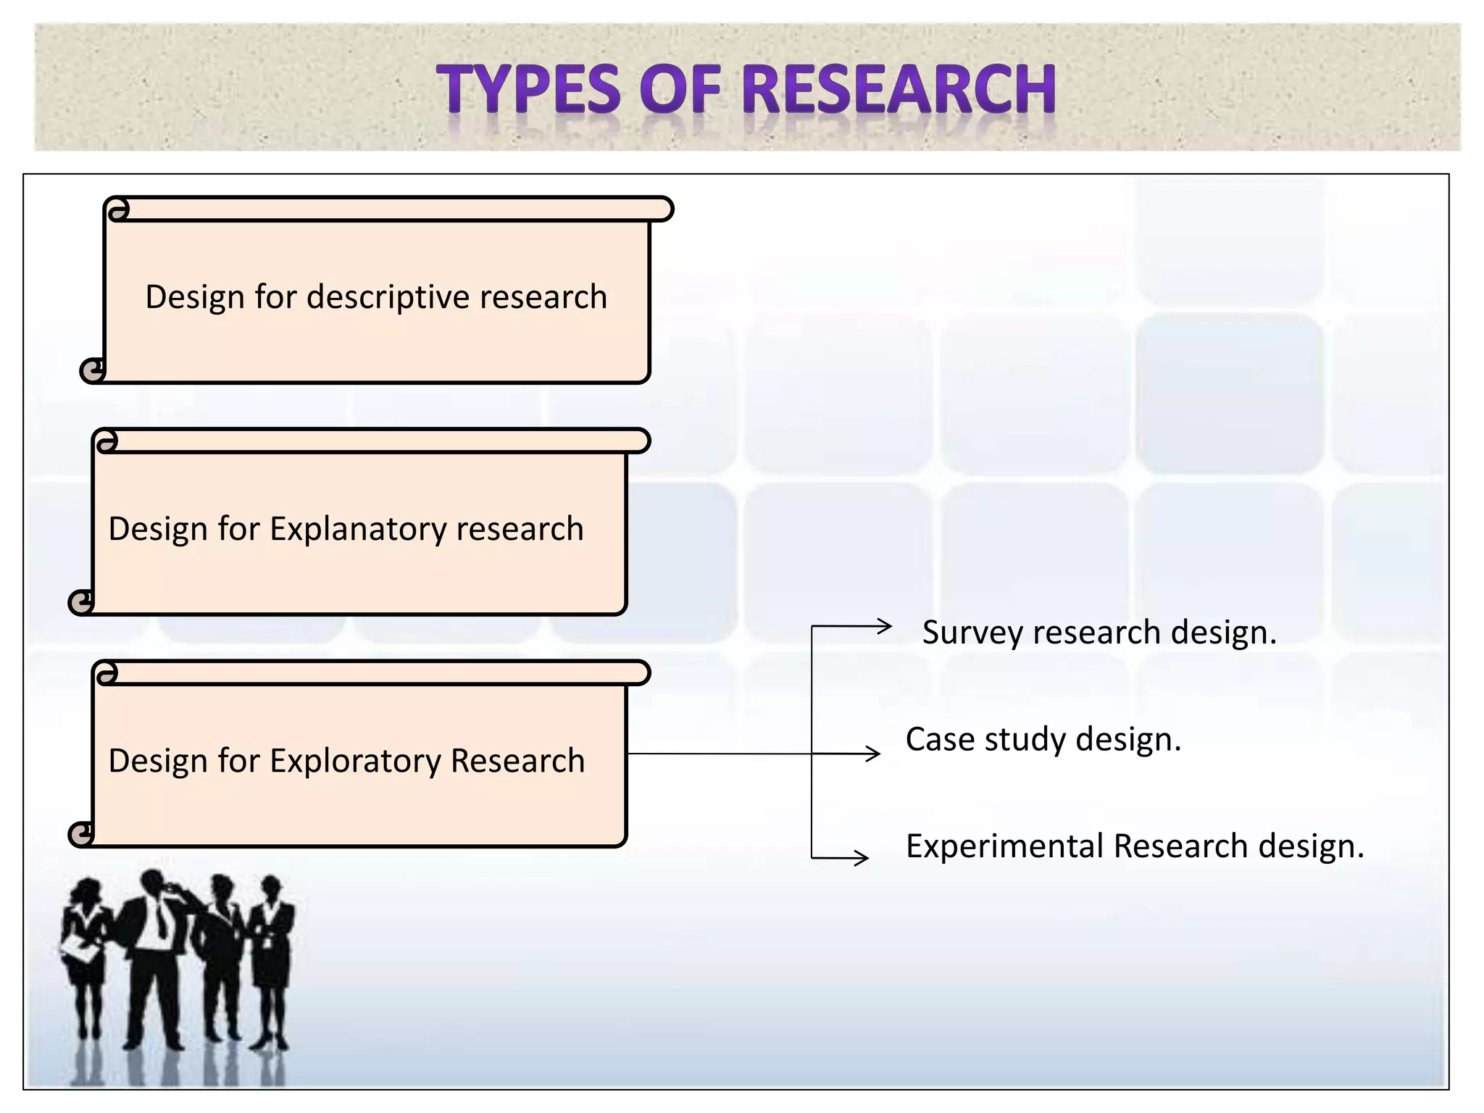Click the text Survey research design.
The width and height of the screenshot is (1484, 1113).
coord(1099,633)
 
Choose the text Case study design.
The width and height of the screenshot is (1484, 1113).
coord(1043,740)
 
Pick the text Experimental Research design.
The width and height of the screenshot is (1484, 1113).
coord(1135,846)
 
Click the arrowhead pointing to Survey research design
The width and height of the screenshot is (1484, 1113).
coord(884,626)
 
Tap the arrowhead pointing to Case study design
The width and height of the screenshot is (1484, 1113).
coord(873,754)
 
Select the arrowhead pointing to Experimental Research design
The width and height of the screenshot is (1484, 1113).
coord(862,859)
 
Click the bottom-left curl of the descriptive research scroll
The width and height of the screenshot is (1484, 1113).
coord(92,371)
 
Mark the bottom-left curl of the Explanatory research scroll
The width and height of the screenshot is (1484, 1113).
coord(80,602)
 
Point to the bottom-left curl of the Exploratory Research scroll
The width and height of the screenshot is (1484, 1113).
coord(80,834)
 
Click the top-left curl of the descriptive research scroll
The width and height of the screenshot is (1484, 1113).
coord(117,210)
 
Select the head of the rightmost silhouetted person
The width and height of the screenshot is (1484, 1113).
coord(271,887)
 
